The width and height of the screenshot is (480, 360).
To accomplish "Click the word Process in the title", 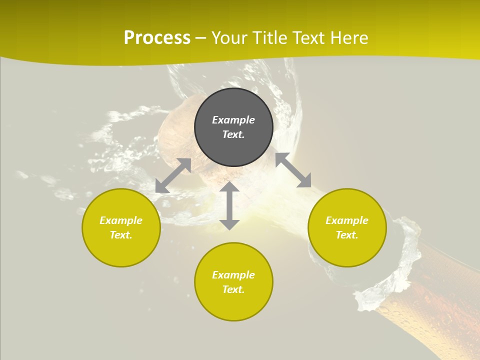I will click(x=157, y=38).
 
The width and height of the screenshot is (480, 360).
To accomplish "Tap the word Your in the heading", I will click(x=229, y=38).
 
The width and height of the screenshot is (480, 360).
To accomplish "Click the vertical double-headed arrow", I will click(x=229, y=205).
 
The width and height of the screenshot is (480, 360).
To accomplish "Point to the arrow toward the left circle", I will click(x=173, y=175).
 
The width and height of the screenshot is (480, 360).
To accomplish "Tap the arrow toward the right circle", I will click(x=293, y=170).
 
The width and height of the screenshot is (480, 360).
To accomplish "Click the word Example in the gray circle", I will click(x=233, y=120).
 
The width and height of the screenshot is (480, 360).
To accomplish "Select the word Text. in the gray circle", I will click(x=233, y=134).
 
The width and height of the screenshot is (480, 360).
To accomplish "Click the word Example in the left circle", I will click(x=121, y=220).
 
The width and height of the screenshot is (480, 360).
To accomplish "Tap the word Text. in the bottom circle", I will click(x=233, y=289).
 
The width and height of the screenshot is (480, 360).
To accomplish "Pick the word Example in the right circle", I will click(x=347, y=220).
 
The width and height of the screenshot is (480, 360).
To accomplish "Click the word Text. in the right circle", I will click(x=347, y=235).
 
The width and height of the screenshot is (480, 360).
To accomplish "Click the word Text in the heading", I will click(x=308, y=38).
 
